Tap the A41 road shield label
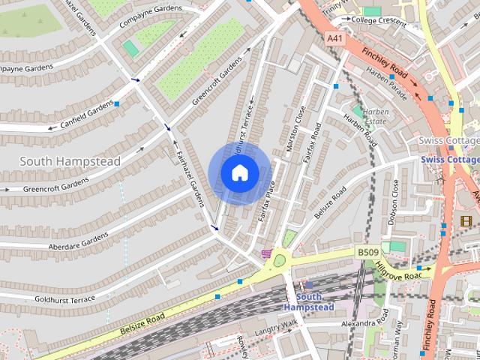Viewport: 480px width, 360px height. [x=335, y=37]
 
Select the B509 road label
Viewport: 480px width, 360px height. [x=367, y=253]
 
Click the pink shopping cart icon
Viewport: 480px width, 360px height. [x=266, y=254]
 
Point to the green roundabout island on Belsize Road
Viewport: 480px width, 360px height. [x=281, y=261]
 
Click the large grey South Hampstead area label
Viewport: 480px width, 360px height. [x=70, y=160]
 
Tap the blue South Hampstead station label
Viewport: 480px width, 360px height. [x=303, y=302]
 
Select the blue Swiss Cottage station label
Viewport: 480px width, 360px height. [x=450, y=160]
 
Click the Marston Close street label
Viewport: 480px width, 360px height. [x=295, y=130]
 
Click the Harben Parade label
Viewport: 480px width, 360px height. [x=387, y=84]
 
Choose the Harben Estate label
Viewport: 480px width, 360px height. [x=374, y=115]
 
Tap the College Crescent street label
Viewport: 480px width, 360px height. [x=379, y=20]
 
